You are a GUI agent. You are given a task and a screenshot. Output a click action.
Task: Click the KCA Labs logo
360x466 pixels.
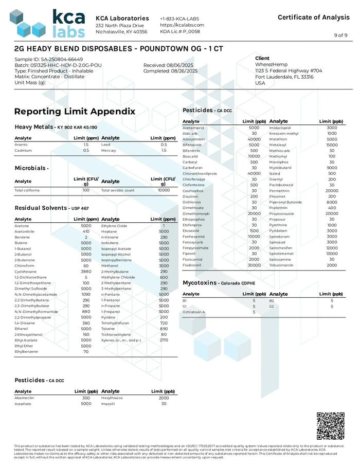tap(47, 24)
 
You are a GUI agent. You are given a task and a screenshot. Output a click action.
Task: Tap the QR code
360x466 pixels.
tap(330, 425)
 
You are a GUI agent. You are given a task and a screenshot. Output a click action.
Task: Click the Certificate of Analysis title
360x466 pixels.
tap(313, 17)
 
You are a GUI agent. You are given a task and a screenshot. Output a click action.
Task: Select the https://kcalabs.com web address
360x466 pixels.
tap(182, 25)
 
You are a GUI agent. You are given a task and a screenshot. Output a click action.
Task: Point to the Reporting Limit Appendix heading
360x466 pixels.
tap(75, 111)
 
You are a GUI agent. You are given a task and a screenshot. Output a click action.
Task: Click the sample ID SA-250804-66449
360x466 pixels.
tap(46, 59)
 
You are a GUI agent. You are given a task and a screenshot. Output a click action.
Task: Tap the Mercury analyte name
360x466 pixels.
tap(109, 151)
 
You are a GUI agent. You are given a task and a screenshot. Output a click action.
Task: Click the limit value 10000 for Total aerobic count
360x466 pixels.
tap(164, 190)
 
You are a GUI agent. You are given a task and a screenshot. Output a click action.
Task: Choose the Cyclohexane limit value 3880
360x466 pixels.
tap(86, 271)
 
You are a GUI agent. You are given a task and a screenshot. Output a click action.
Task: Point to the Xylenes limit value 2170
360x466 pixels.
tap(164, 340)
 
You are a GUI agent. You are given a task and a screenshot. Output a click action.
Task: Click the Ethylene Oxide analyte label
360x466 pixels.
tap(114, 225)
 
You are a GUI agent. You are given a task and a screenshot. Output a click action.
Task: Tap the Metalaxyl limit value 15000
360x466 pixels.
tap(332, 145)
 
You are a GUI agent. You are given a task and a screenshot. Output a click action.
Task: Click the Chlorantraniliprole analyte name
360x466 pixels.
tap(200, 173)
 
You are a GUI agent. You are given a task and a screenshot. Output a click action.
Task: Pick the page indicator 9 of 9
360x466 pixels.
tap(340, 35)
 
